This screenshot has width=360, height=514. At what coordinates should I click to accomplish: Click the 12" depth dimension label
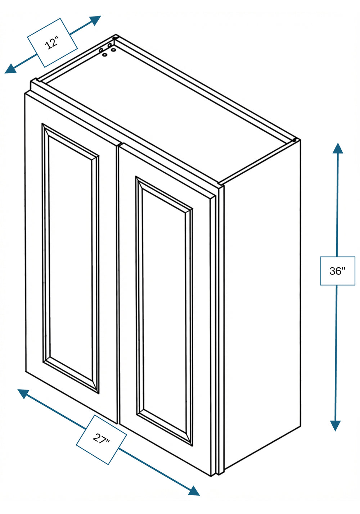tap(52, 43)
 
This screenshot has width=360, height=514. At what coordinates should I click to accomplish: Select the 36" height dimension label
tap(338, 271)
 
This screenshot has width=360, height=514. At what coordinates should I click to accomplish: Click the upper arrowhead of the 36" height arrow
tap(338, 148)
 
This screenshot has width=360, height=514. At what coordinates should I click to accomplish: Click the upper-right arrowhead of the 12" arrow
tap(95, 20)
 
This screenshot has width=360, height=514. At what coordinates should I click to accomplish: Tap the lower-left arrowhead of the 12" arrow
tap(11, 69)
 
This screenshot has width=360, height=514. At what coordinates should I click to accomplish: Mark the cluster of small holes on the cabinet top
tap(107, 50)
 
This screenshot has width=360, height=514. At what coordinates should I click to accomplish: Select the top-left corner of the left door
tap(25, 94)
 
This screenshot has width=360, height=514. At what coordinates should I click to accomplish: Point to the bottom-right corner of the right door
tap(211, 477)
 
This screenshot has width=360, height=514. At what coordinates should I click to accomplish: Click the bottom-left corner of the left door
tap(26, 371)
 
